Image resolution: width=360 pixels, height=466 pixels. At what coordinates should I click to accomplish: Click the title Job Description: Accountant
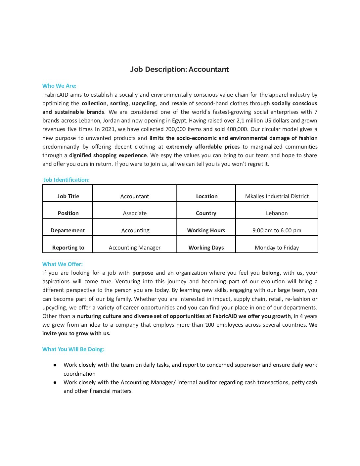[x=179, y=70]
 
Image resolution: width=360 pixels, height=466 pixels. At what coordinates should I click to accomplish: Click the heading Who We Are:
[x=59, y=86]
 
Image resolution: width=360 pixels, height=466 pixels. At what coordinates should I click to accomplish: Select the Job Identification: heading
[x=67, y=180]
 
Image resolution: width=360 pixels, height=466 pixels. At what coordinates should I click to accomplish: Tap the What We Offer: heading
[x=63, y=264]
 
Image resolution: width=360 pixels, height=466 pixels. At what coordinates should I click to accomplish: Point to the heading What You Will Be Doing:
[x=73, y=349]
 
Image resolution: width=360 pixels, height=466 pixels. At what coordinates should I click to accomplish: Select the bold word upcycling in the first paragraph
[x=144, y=104]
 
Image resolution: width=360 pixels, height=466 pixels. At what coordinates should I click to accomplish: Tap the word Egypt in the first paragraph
[x=179, y=121]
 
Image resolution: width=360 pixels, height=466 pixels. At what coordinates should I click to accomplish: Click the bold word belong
[x=270, y=273]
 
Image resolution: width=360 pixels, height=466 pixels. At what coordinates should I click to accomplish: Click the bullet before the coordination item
[x=55, y=365]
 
